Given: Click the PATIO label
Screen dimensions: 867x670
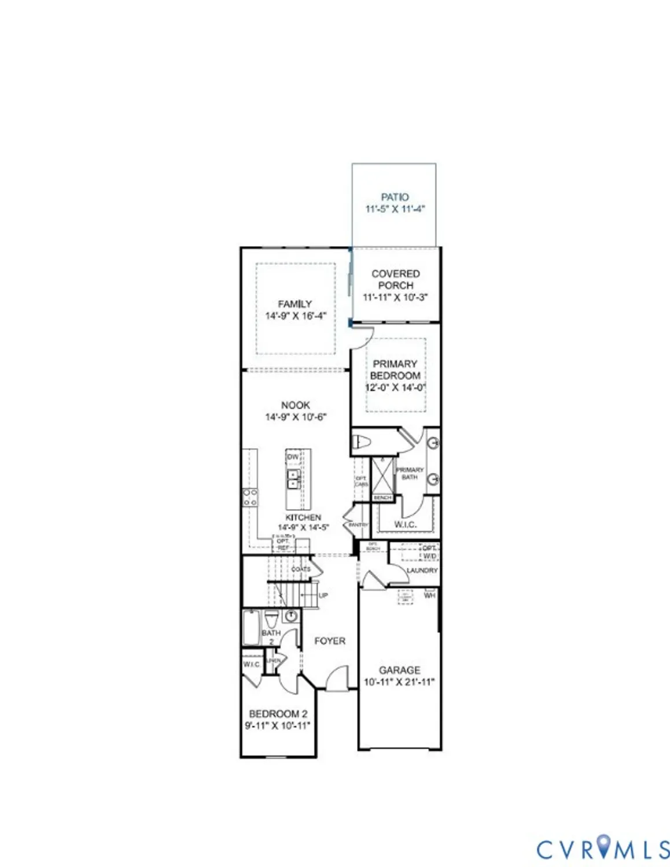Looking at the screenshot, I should tap(395, 197).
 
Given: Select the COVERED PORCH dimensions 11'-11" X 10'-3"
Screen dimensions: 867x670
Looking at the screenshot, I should tap(395, 297).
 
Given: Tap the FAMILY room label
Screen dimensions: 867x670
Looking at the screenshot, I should tap(295, 304).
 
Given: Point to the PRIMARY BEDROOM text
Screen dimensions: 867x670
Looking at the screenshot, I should tap(395, 369).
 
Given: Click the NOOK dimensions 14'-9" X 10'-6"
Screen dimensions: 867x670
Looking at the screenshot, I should tap(296, 417).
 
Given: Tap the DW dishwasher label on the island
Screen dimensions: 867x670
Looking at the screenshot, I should tap(293, 457).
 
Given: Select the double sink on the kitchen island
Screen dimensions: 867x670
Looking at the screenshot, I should tap(293, 479).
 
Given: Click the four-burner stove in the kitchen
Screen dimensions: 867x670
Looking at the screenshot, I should tap(251, 497).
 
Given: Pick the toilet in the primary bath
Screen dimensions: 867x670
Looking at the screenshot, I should tap(362, 443).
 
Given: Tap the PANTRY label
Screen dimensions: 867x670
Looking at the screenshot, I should tap(358, 525).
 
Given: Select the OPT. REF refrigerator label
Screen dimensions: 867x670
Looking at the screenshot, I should tap(283, 544).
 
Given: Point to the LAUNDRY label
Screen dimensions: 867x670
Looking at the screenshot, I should tap(422, 570).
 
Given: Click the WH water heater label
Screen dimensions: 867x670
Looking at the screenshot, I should tap(430, 595).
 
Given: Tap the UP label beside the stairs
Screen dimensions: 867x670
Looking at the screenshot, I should tap(323, 595).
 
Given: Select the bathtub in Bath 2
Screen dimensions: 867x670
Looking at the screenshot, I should tap(251, 627).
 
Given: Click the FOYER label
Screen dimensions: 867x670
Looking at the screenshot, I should tap(330, 641).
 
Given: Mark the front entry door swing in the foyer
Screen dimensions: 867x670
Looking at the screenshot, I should tap(337, 678).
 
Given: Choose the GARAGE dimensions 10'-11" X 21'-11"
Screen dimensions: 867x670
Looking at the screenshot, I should tap(399, 682).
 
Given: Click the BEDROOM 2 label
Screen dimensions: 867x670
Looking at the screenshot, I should tap(278, 714).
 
